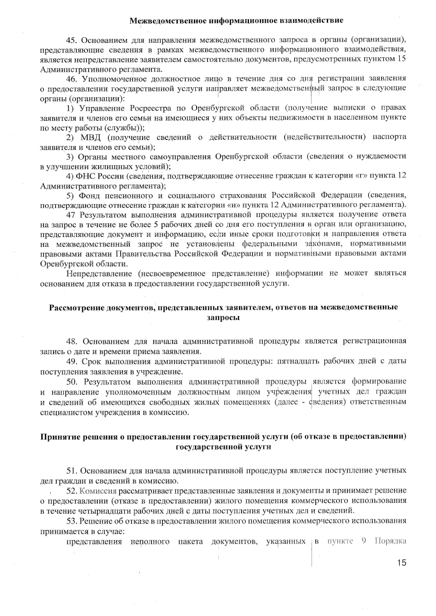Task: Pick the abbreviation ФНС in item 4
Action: (x=86, y=176)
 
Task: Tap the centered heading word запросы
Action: (x=223, y=318)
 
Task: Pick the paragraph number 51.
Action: (x=72, y=471)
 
